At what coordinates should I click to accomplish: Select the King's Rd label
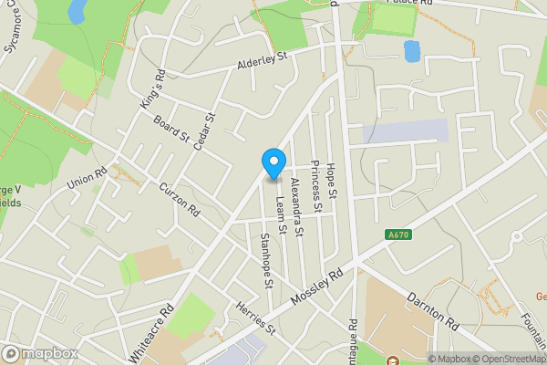[152, 89]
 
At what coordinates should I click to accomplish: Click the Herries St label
[254, 318]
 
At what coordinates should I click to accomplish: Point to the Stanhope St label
[266, 261]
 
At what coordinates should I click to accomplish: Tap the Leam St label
[281, 218]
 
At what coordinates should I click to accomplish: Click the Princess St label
[315, 186]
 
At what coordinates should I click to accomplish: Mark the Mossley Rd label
[315, 287]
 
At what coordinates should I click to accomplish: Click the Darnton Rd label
[432, 311]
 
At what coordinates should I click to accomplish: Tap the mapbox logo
[39, 353]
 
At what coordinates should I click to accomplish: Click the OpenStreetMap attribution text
[505, 359]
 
